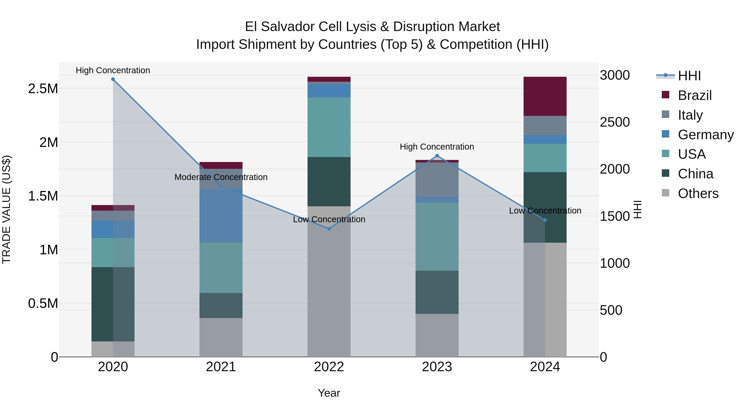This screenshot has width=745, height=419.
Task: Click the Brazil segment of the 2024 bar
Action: pyautogui.click(x=545, y=96)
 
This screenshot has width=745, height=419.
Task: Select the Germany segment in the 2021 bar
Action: pyautogui.click(x=221, y=216)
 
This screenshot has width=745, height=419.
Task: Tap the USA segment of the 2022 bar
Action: pyautogui.click(x=329, y=127)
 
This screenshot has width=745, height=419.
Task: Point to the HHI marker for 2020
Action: pyautogui.click(x=113, y=79)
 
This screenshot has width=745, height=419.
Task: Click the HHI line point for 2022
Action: pyautogui.click(x=329, y=229)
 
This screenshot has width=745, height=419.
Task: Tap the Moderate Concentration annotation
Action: pyautogui.click(x=221, y=177)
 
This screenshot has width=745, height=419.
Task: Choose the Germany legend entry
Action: pyautogui.click(x=705, y=135)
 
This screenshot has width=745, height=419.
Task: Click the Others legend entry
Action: pyautogui.click(x=698, y=193)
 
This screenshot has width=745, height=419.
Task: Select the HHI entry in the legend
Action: pyautogui.click(x=689, y=76)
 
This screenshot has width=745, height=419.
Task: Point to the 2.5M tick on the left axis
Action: pyautogui.click(x=43, y=89)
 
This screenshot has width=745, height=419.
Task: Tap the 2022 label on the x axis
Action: pyautogui.click(x=329, y=367)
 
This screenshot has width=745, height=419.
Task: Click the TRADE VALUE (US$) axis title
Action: pyautogui.click(x=6, y=209)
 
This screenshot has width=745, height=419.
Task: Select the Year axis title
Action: pyautogui.click(x=329, y=393)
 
